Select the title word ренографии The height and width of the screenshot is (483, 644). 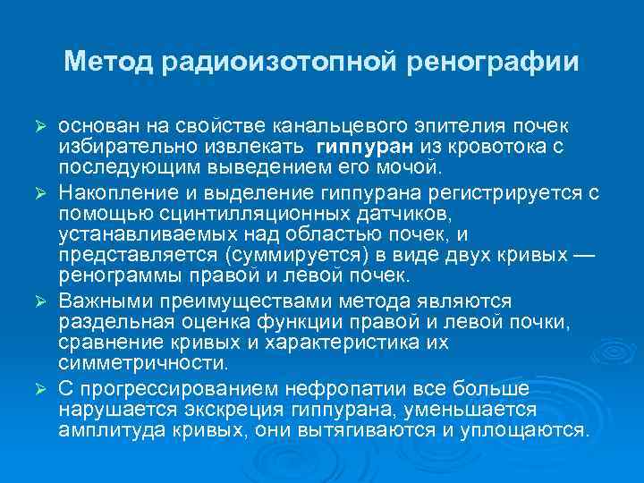[494, 62]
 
